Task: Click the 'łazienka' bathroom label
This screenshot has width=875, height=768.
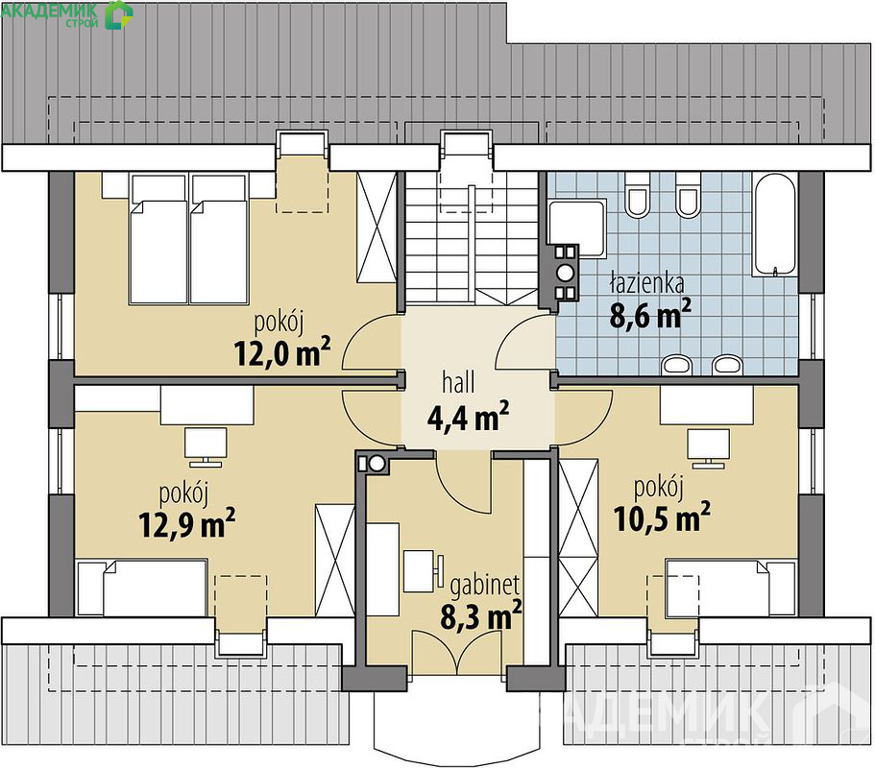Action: (647, 283)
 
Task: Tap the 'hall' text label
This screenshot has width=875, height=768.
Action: (458, 383)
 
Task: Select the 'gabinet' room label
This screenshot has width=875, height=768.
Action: (484, 585)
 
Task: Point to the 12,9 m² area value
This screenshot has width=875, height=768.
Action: (187, 523)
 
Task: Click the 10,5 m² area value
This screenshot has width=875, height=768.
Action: (662, 517)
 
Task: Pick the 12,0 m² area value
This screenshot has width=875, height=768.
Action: (282, 352)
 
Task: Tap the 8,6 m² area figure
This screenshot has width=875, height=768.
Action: (650, 314)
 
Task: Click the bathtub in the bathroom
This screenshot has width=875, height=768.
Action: (774, 225)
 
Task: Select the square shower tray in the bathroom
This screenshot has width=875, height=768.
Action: (577, 228)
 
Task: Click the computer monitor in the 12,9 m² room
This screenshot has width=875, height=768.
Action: (206, 446)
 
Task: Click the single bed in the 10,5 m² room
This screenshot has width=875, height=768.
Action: (731, 589)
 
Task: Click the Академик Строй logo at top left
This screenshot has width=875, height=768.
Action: (67, 14)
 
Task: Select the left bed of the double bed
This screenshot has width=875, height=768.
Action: (158, 239)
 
